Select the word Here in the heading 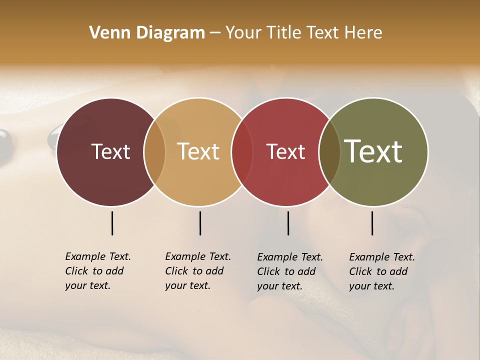[363, 33]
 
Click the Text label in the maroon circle [110, 151]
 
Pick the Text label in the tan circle [198, 151]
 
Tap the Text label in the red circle [285, 151]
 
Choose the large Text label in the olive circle [373, 151]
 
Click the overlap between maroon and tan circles [154, 151]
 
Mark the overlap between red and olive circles [329, 151]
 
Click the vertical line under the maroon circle [112, 223]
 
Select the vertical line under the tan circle [200, 223]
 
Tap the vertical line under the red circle [288, 223]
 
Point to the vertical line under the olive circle [372, 223]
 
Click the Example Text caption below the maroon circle [97, 271]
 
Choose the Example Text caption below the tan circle [197, 271]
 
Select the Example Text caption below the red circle [289, 271]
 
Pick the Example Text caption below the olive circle [381, 271]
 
